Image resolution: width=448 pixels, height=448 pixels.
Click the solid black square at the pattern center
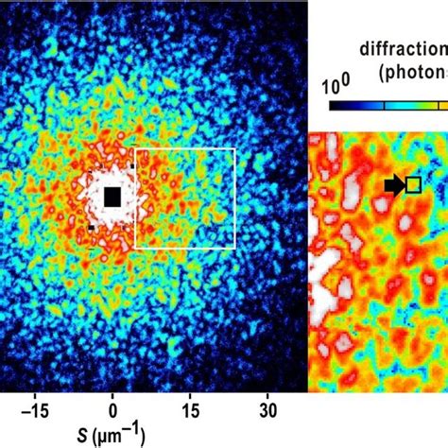[x=112, y=197]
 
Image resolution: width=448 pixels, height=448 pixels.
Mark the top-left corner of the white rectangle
[x=135, y=148]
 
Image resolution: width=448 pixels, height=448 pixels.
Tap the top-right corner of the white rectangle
[x=234, y=148]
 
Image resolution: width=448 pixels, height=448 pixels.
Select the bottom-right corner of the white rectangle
[x=234, y=248]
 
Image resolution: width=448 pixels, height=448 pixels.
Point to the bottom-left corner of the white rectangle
[x=135, y=248]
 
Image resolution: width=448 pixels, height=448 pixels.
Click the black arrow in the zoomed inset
[x=394, y=185]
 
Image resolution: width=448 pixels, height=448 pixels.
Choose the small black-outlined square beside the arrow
[x=413, y=185]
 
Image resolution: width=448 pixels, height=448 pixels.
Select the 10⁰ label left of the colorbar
[x=336, y=86]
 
